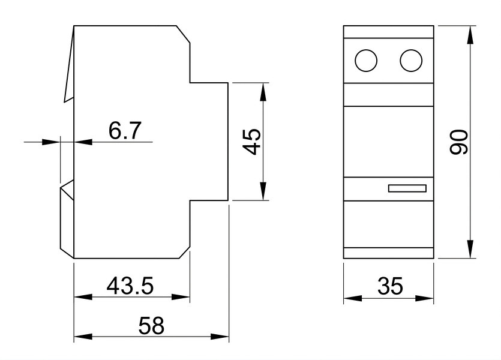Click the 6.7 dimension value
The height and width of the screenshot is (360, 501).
[125, 131]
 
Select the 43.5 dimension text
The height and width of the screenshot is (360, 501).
[130, 286]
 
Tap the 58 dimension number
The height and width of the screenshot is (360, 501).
[151, 326]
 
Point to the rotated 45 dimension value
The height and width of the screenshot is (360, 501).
[251, 142]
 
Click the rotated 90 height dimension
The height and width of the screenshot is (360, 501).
[458, 142]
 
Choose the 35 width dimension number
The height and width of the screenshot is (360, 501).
[390, 286]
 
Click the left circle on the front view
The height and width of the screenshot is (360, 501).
[366, 61]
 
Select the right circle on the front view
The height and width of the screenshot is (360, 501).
[411, 61]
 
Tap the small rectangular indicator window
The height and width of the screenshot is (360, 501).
[407, 188]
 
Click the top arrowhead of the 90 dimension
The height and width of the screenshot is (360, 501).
[470, 34]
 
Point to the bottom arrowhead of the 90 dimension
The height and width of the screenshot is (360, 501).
[470, 249]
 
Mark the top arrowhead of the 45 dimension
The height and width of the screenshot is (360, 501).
[263, 92]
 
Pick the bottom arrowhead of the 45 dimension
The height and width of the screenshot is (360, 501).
[263, 191]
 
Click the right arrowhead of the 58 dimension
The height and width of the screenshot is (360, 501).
[220, 337]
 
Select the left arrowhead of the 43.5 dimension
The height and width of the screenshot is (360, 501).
[83, 297]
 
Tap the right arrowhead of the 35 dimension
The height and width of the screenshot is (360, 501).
[424, 298]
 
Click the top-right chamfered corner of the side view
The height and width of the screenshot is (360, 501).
[184, 34]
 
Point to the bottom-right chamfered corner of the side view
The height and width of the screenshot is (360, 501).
[184, 253]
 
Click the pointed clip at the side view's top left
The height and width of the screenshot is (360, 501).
[70, 64]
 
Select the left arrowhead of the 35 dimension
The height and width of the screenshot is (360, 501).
[353, 298]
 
